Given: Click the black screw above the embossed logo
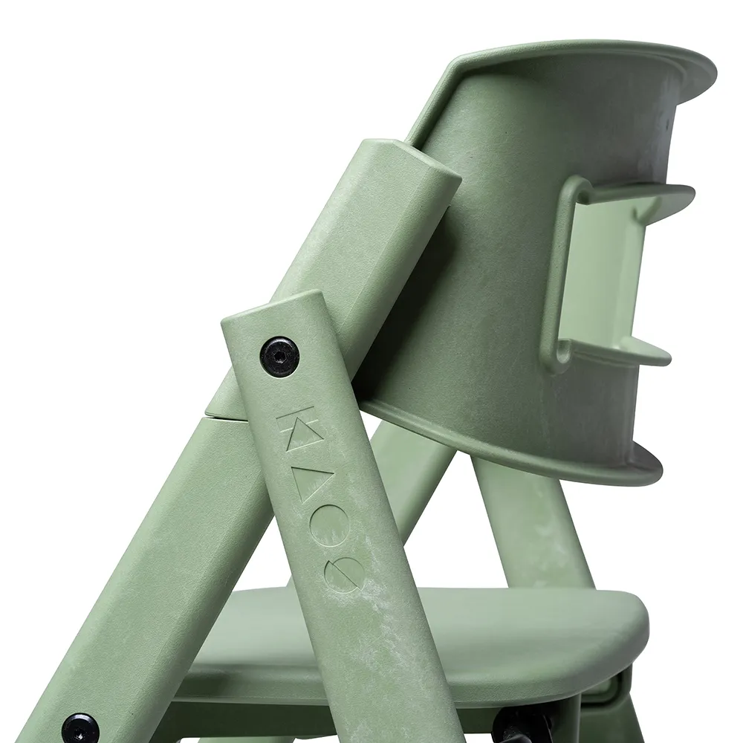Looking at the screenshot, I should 279,357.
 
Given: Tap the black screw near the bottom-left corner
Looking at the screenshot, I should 80,728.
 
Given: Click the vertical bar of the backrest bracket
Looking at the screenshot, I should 559,267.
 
